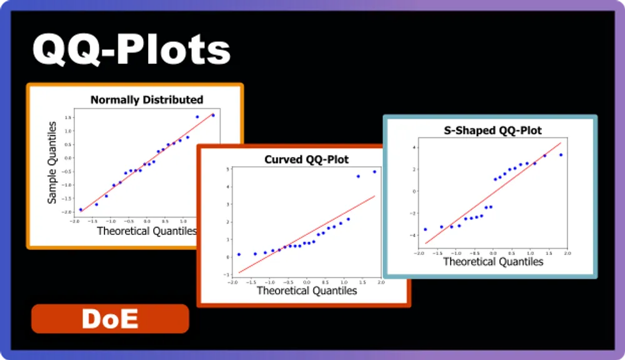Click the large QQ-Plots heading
pos(131,50)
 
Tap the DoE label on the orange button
pos(110,319)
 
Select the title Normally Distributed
pos(147,99)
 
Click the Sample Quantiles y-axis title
pos(52,162)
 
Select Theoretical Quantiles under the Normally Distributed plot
pos(146,231)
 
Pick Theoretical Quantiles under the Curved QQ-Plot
pos(306,291)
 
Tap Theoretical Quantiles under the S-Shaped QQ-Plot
pos(493,261)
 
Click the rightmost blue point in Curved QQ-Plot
pos(374,171)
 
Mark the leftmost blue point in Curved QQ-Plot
pos(239,254)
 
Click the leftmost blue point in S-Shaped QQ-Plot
pos(426,229)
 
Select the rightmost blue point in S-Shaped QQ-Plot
pos(561,154)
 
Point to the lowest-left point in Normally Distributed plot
pos(81,210)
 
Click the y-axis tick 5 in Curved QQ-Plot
pos(228,169)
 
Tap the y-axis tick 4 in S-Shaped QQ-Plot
pos(413,147)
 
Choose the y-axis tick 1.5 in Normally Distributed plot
pos(68,117)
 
